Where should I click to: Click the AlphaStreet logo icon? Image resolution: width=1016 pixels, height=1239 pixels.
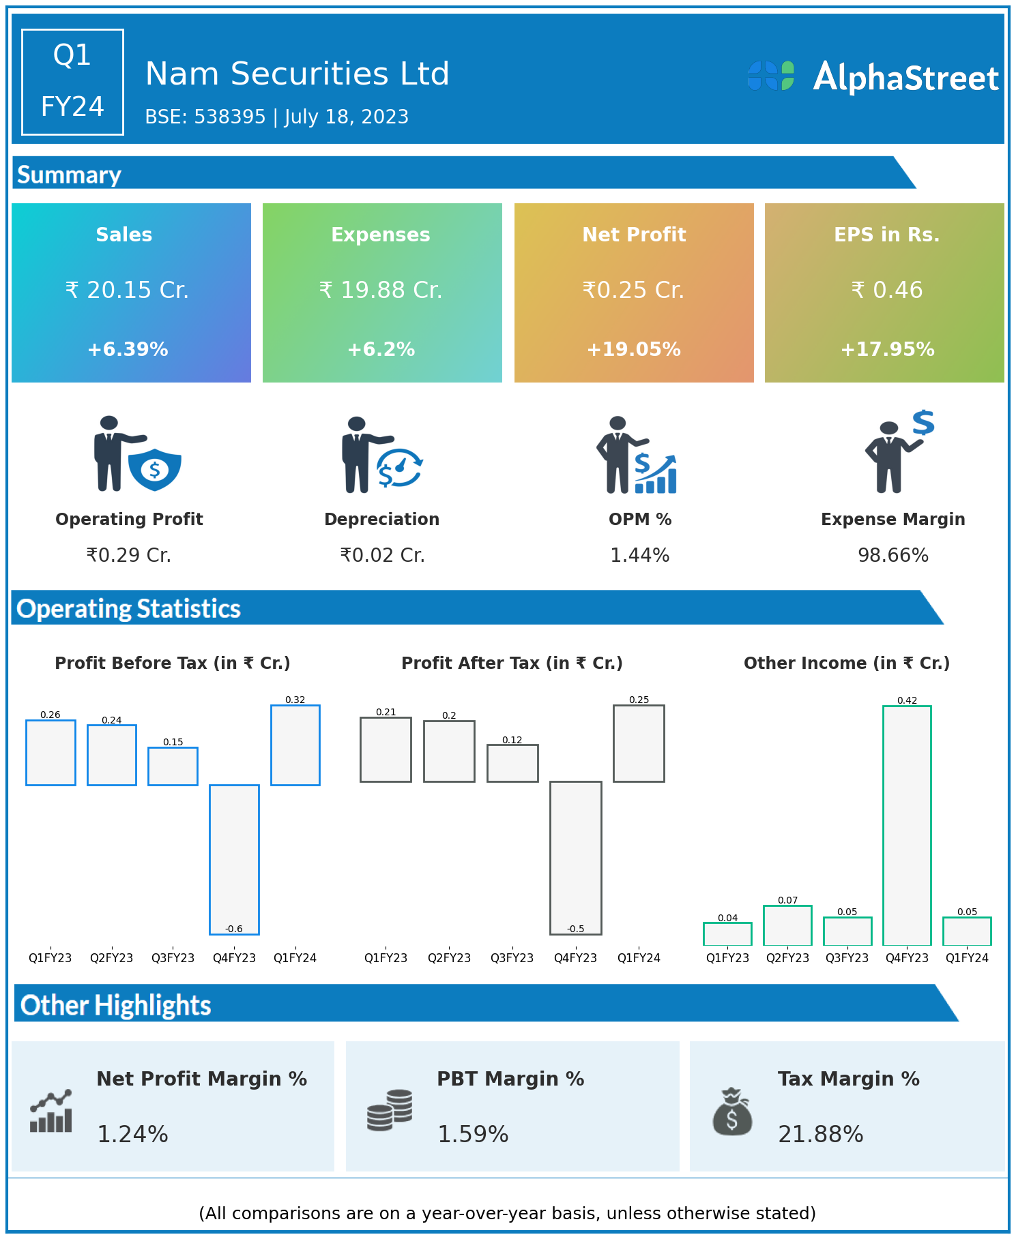[x=771, y=76]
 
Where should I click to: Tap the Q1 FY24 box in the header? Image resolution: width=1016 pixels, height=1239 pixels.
[x=72, y=82]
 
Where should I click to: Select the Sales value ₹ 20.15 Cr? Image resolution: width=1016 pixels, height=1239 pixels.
[x=127, y=290]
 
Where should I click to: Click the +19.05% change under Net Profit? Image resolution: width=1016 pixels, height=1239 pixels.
[x=633, y=350]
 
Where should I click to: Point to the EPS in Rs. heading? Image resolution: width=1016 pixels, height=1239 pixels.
[x=886, y=235]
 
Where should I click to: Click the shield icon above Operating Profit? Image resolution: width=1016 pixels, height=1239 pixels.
[x=155, y=469]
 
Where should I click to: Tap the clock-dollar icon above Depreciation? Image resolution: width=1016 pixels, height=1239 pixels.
[x=399, y=468]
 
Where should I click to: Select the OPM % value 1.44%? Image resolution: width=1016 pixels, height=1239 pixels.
[x=639, y=556]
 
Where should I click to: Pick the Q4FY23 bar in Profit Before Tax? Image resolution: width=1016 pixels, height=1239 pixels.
[x=234, y=859]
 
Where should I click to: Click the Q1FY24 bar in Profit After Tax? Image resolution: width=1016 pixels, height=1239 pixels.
[x=639, y=743]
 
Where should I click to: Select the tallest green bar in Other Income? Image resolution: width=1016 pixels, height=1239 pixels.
[x=907, y=825]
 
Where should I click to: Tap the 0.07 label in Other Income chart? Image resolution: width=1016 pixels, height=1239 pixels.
[x=787, y=900]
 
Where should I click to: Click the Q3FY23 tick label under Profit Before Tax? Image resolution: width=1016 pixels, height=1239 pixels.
[x=173, y=958]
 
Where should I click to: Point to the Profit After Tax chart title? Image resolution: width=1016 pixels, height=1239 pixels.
[x=512, y=663]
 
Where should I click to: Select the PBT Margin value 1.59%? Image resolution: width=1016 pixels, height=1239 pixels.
[x=473, y=1135]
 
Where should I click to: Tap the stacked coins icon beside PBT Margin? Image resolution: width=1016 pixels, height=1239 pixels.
[x=390, y=1110]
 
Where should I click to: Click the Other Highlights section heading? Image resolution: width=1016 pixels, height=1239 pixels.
[x=116, y=1006]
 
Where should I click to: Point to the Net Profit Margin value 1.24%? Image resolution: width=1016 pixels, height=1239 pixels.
[x=132, y=1135]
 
